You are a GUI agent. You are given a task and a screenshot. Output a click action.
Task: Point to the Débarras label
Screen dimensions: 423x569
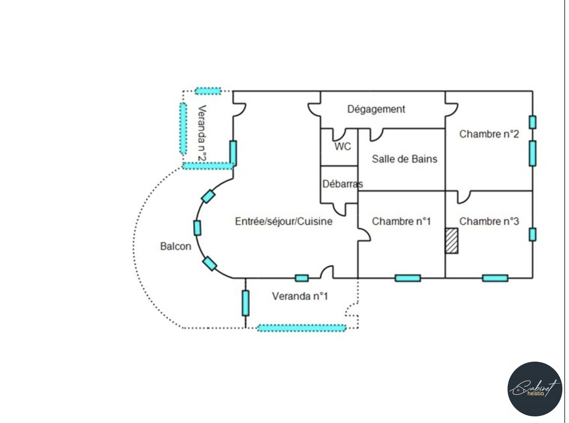[342, 184]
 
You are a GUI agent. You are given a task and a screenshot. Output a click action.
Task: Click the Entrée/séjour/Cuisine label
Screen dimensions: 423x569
[284, 221]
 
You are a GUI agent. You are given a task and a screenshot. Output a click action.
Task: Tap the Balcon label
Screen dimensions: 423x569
[175, 246]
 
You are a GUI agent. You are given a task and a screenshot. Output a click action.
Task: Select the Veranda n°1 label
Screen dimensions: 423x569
[300, 296]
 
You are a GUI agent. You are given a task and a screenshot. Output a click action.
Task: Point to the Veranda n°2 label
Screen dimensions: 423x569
[202, 133]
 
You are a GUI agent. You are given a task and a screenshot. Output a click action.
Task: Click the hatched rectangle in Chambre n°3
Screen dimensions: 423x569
[451, 241]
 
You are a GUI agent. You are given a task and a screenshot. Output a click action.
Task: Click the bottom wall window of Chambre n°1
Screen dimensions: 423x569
[408, 278]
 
